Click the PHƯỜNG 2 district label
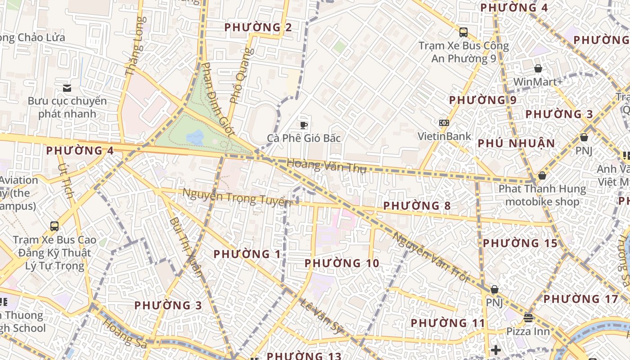click(258, 27)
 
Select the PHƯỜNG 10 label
click(342, 263)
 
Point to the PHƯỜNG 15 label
click(520, 243)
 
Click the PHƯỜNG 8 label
click(417, 206)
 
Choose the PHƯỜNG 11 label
click(448, 323)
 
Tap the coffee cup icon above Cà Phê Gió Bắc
click(304, 125)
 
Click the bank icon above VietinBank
click(444, 123)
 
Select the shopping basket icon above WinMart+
click(538, 69)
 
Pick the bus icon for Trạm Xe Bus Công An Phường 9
click(463, 32)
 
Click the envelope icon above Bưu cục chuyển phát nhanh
click(67, 88)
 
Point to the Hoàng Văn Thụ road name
click(326, 166)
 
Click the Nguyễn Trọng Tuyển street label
click(236, 197)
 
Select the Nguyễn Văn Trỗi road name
click(430, 256)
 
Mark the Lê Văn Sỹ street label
click(321, 317)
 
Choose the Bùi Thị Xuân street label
click(186, 247)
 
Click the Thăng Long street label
click(135, 46)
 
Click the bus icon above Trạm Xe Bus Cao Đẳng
click(54, 226)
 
